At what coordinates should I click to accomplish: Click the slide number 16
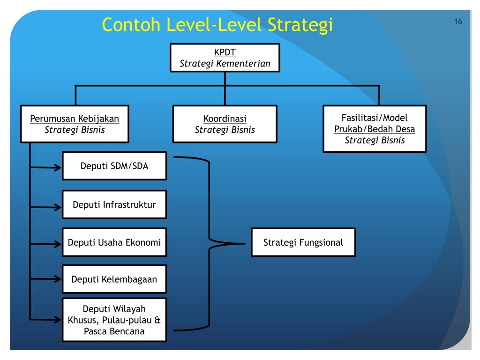click(458, 22)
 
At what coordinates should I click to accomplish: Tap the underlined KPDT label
click(225, 52)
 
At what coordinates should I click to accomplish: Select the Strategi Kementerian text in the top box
click(225, 64)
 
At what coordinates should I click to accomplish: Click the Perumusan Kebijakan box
click(75, 124)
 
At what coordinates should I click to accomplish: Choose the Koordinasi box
click(225, 124)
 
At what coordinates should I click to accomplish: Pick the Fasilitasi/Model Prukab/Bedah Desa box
click(375, 129)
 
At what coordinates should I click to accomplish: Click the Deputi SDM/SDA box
click(114, 165)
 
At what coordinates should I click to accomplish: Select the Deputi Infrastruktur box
click(114, 204)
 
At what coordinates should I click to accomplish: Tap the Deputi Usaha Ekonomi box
click(114, 242)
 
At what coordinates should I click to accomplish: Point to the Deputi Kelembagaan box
click(114, 279)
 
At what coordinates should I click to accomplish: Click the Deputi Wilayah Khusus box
click(114, 320)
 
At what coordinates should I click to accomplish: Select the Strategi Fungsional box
click(303, 242)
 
